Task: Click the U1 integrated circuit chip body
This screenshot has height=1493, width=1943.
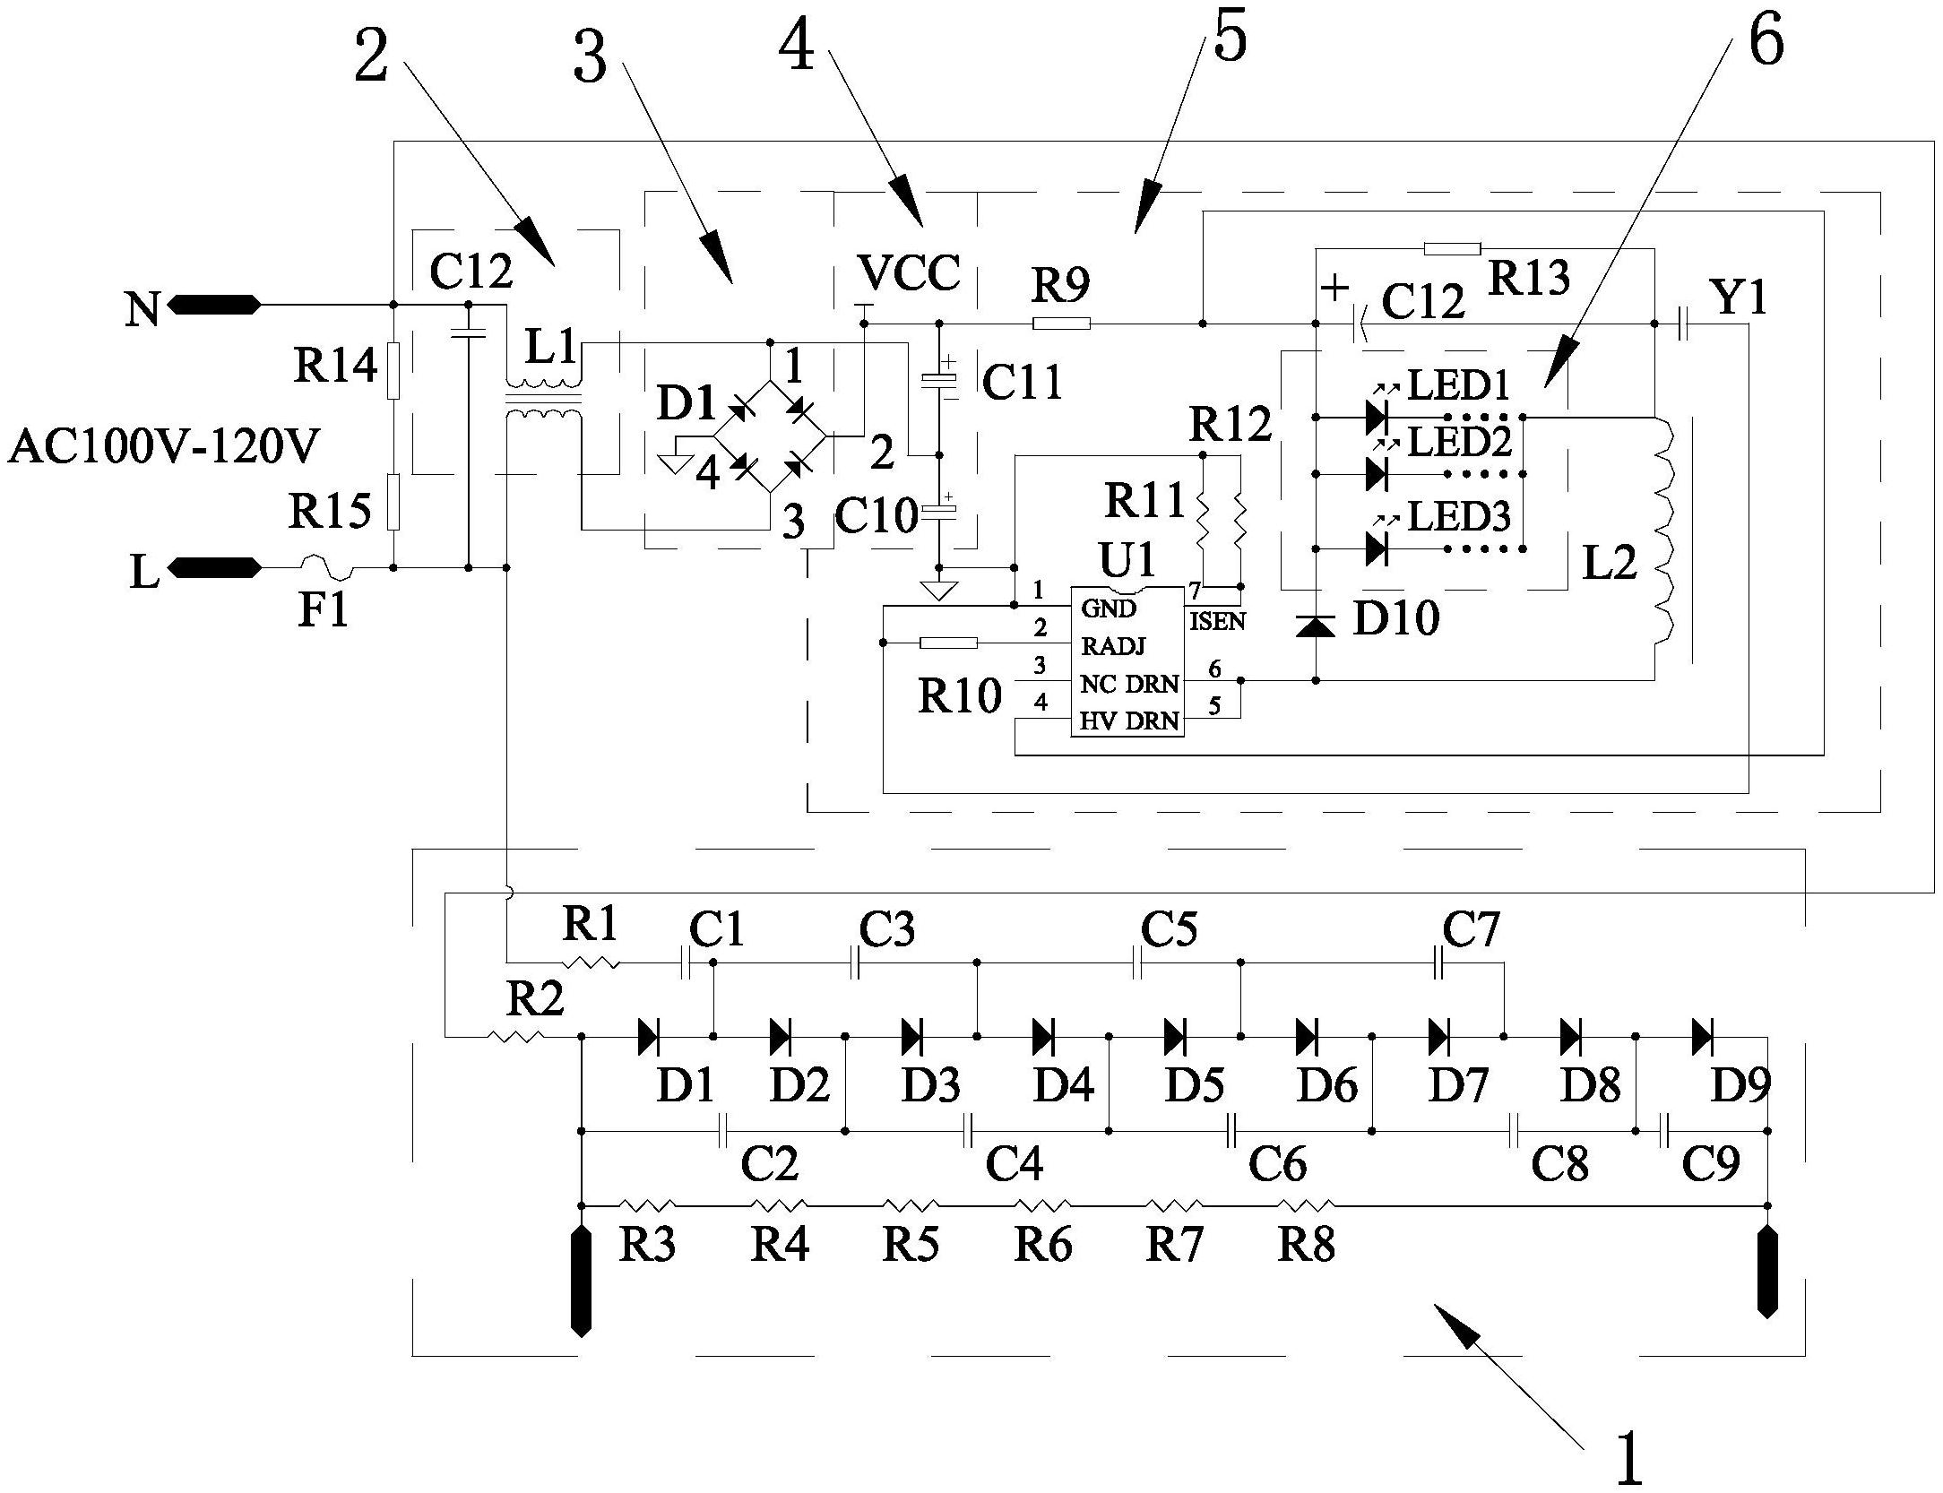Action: pos(1127,663)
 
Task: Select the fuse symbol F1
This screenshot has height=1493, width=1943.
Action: pos(327,567)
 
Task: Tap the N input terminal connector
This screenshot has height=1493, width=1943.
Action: pos(214,306)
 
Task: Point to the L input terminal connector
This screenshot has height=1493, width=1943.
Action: pos(214,567)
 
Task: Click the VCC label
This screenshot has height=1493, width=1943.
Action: pos(908,272)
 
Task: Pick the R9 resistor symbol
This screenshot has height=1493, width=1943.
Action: pos(1061,324)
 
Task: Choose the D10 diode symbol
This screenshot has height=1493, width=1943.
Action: pos(1316,626)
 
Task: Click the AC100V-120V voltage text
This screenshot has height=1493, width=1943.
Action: pos(164,446)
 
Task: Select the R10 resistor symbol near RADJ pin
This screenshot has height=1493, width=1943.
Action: pos(949,643)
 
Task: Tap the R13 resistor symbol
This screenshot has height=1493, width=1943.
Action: pos(1452,248)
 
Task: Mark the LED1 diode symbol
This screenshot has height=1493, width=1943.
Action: pos(1376,417)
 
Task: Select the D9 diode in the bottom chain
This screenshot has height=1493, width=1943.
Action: pos(1702,1037)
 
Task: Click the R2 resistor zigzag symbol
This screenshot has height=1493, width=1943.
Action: pos(515,1037)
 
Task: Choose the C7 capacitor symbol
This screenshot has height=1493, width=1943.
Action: pos(1439,963)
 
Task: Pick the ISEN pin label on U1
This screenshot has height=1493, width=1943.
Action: pos(1217,621)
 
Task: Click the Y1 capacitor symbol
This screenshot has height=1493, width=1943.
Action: pos(1682,324)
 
